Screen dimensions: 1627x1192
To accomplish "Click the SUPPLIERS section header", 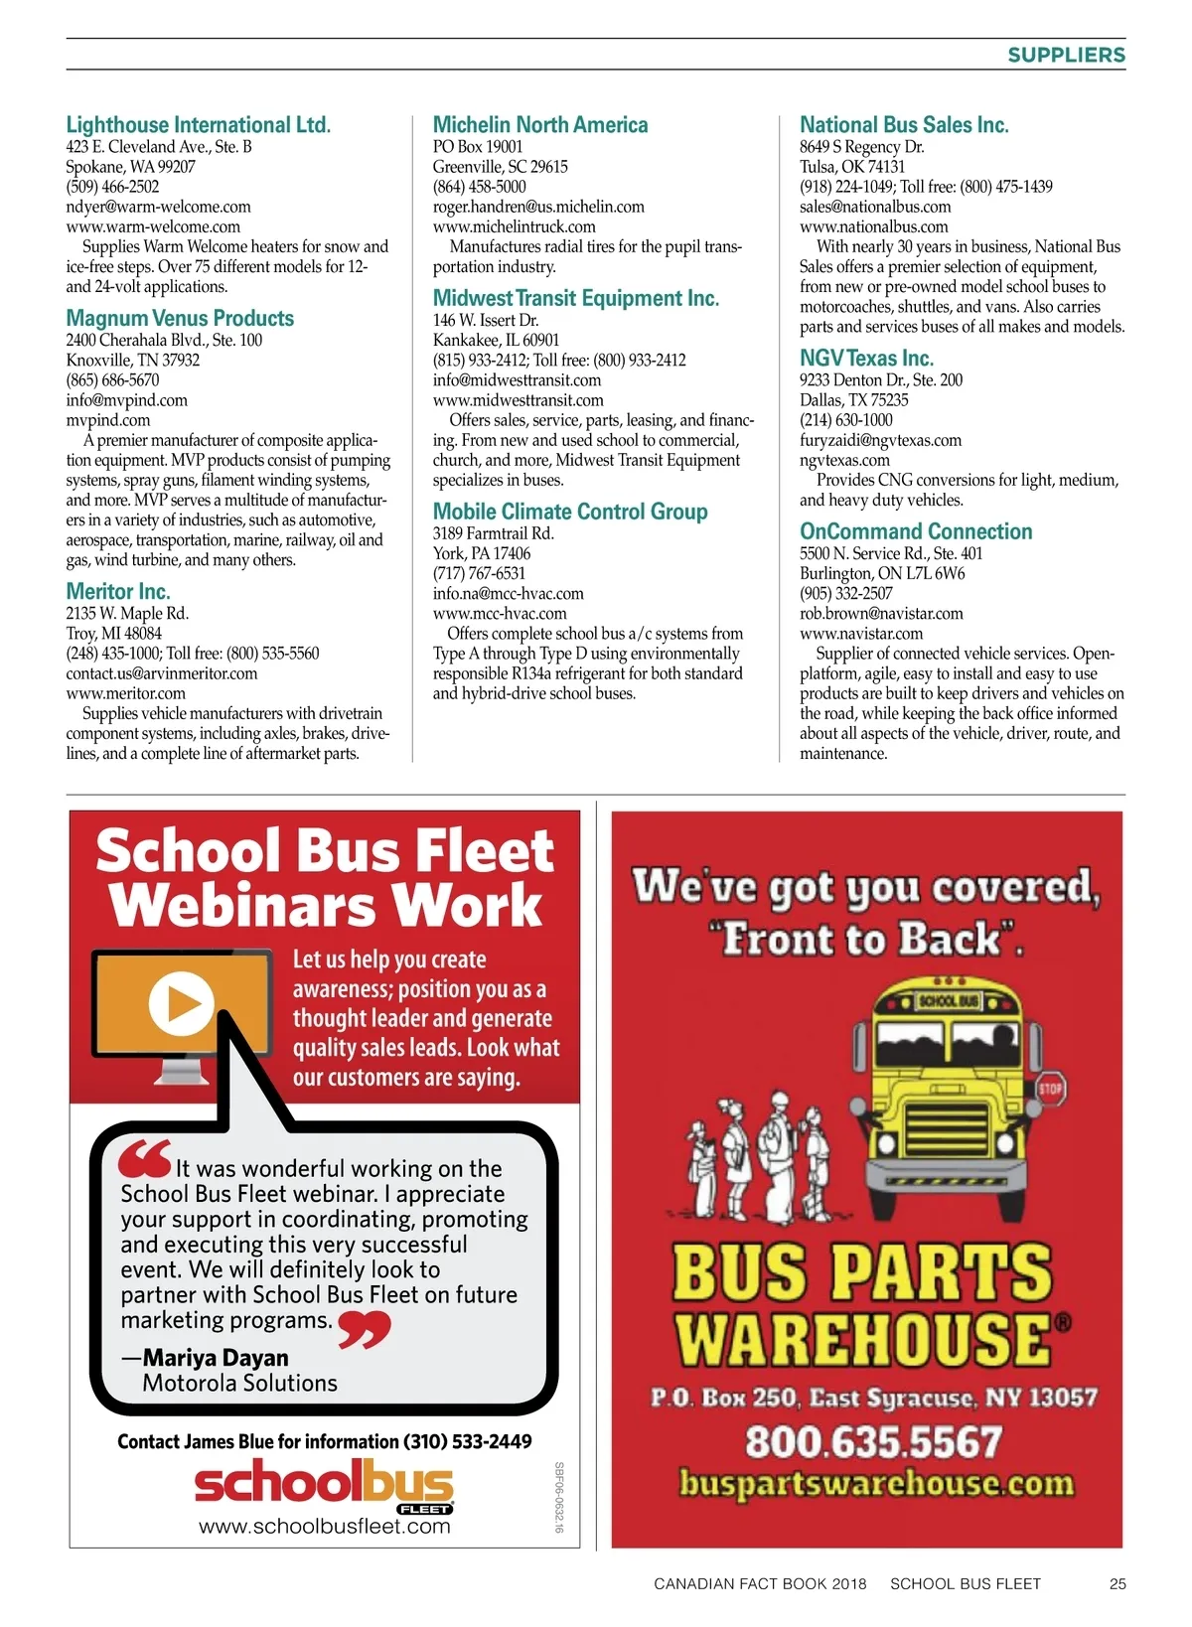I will [x=1066, y=56].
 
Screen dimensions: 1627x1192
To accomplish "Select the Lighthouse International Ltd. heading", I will [x=198, y=125].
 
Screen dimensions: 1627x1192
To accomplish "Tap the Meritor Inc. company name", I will [x=117, y=592].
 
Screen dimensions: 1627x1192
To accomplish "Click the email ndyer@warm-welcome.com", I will [x=158, y=207].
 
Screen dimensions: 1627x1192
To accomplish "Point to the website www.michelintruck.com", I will [x=514, y=226].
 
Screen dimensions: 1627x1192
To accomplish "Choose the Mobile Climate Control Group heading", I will [x=570, y=512].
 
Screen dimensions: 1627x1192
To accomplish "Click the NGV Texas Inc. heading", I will [x=866, y=359].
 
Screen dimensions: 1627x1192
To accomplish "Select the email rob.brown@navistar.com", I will [x=881, y=614].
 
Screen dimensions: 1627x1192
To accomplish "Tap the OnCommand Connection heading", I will [x=916, y=531].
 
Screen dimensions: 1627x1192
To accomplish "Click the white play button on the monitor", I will [x=181, y=1002].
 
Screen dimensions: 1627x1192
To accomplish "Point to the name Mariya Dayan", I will [x=216, y=1358].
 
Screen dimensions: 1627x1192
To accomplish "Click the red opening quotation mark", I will [x=144, y=1159].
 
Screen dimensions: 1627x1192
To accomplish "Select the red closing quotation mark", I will [x=364, y=1329].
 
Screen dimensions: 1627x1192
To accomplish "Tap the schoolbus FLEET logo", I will [x=324, y=1485].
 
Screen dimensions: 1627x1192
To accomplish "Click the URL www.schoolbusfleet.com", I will [x=325, y=1527].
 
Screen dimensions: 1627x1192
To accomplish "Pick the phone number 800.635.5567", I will [x=873, y=1442].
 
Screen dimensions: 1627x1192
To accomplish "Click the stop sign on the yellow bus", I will [x=1051, y=1088].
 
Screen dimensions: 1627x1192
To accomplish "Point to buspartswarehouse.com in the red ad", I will [x=876, y=1484].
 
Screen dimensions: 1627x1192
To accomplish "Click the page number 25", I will [x=1117, y=1583].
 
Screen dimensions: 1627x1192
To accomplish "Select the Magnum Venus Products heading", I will [x=180, y=319].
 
